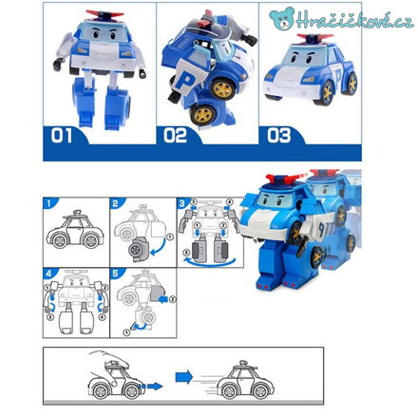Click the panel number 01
(62, 136)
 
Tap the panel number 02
(175, 136)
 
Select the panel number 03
(278, 136)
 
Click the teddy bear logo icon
(282, 18)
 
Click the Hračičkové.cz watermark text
(354, 20)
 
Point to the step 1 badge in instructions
(48, 203)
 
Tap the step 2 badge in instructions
(116, 203)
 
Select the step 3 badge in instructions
(182, 203)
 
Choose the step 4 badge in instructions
(48, 274)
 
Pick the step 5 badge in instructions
(116, 274)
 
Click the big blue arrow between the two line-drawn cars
(184, 377)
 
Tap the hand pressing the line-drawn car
(109, 364)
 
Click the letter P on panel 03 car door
(339, 76)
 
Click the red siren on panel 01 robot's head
(104, 14)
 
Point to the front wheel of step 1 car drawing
(60, 241)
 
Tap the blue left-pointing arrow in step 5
(163, 299)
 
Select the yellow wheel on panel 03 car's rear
(351, 83)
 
